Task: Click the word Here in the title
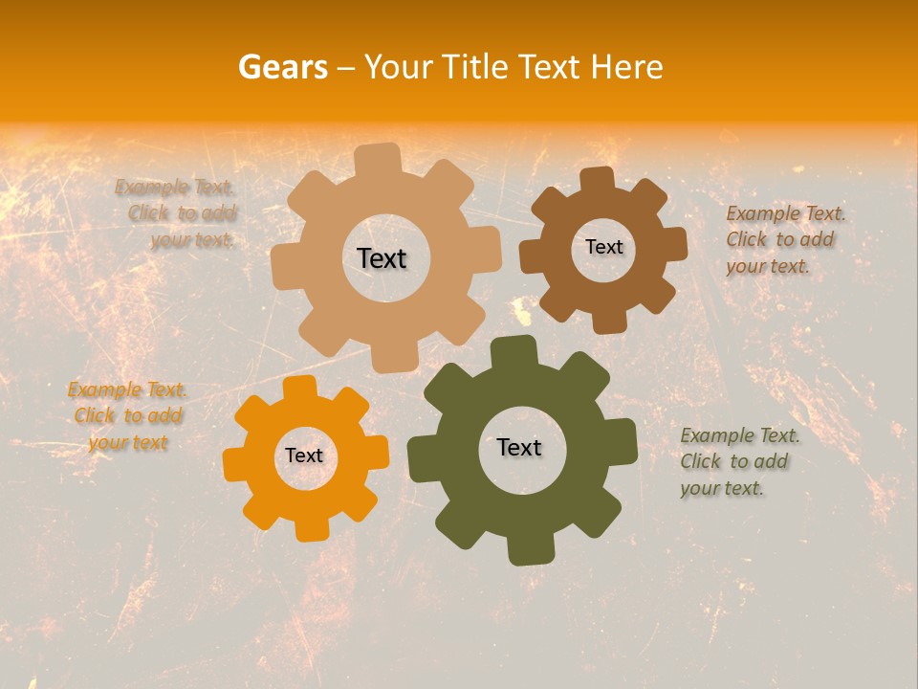tap(626, 67)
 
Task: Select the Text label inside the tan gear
tap(382, 258)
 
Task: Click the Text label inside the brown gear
tap(603, 247)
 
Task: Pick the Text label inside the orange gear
tap(304, 456)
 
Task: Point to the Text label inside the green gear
tap(519, 447)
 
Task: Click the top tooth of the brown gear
tap(597, 180)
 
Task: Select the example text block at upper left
tap(177, 213)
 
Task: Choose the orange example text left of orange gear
tap(128, 416)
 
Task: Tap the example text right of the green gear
tap(738, 462)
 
